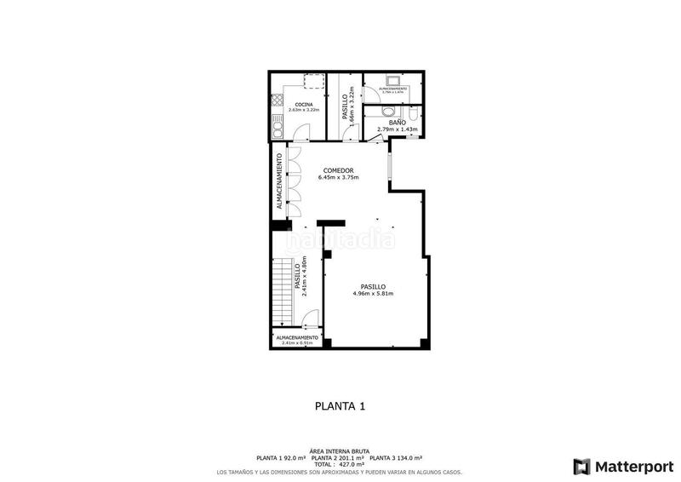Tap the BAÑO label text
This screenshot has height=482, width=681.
(397, 123)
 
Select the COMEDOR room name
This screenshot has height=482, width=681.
(339, 171)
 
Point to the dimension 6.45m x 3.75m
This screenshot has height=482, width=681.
(339, 178)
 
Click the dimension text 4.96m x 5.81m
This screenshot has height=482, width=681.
(373, 294)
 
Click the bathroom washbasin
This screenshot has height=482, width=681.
(387, 112)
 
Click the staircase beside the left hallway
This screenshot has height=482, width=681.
(282, 290)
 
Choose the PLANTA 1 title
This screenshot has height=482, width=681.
(340, 407)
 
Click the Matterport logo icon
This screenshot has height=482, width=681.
(582, 466)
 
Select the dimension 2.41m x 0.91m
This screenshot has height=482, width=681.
(297, 343)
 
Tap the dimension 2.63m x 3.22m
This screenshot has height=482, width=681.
(303, 110)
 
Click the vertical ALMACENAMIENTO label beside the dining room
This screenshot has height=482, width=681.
(278, 181)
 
